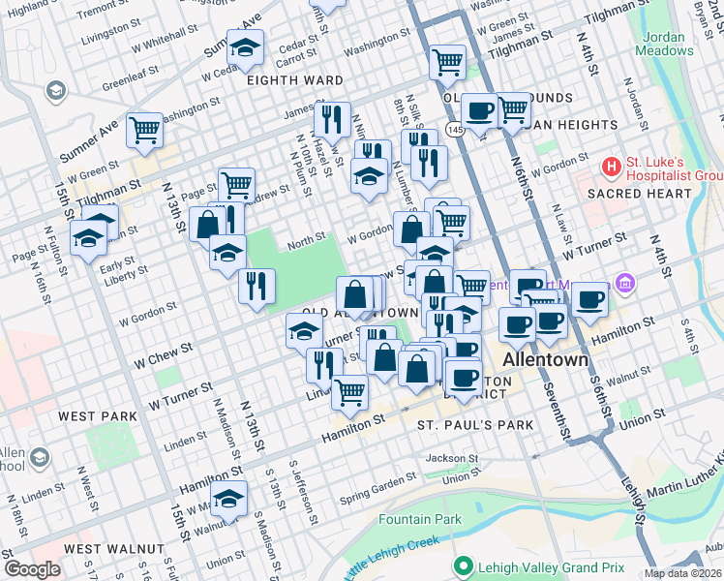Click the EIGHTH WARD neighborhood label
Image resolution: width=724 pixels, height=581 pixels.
[x=295, y=80]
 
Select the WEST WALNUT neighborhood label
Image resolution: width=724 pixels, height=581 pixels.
[x=113, y=549]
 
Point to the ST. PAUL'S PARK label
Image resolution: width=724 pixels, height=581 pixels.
[x=475, y=425]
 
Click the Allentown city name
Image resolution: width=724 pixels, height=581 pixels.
[x=546, y=360]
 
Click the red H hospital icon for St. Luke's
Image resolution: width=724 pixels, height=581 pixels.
[x=611, y=167]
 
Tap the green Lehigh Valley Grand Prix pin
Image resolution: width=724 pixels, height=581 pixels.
[x=464, y=566]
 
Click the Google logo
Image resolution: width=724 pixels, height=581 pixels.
[x=32, y=569]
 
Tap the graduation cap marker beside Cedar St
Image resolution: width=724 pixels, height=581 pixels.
[x=246, y=46]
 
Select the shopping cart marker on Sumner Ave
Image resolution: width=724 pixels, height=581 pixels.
[x=144, y=128]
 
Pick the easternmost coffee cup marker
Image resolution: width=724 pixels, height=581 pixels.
[x=588, y=298]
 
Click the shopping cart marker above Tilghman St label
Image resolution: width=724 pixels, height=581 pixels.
[x=447, y=62]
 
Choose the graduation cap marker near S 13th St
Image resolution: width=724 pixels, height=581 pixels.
[x=229, y=499]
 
